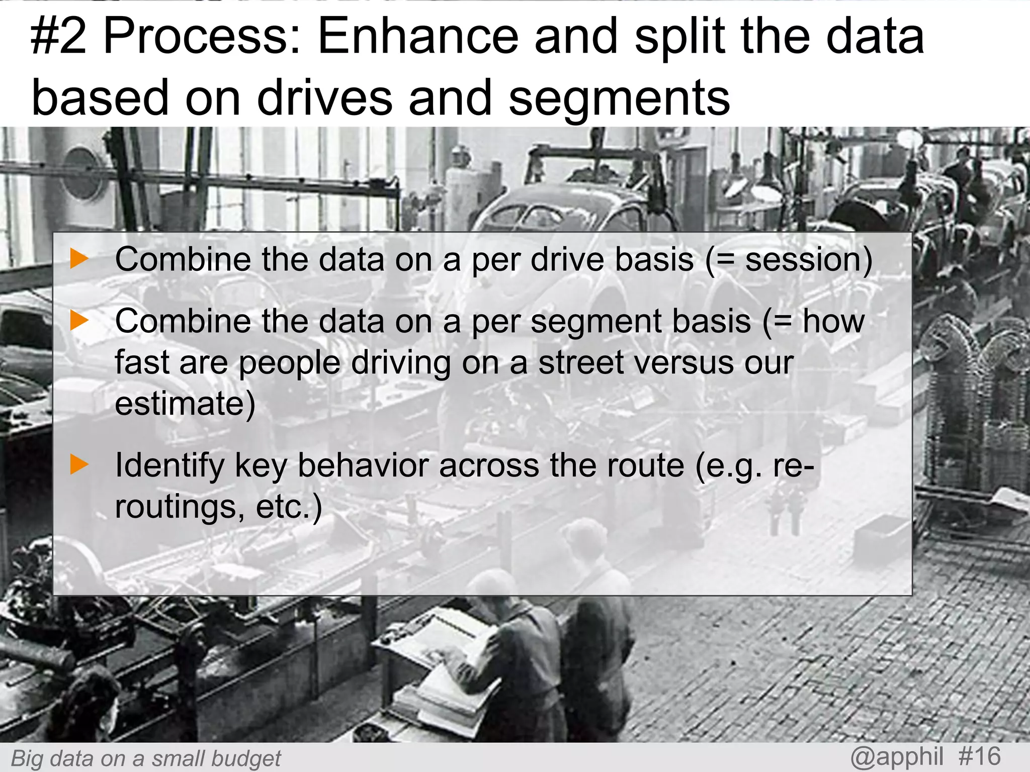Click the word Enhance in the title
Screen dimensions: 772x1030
tap(417, 36)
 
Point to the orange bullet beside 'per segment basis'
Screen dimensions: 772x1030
tap(79, 321)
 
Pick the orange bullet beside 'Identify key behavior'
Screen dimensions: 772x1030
tap(79, 464)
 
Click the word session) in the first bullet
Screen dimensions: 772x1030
tap(809, 260)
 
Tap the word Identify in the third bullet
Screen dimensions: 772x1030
tap(169, 465)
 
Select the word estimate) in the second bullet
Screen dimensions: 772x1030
tap(185, 404)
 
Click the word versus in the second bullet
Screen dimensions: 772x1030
tap(686, 363)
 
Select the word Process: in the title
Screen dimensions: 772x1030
tap(201, 36)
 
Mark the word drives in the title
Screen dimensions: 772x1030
tap(324, 98)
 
